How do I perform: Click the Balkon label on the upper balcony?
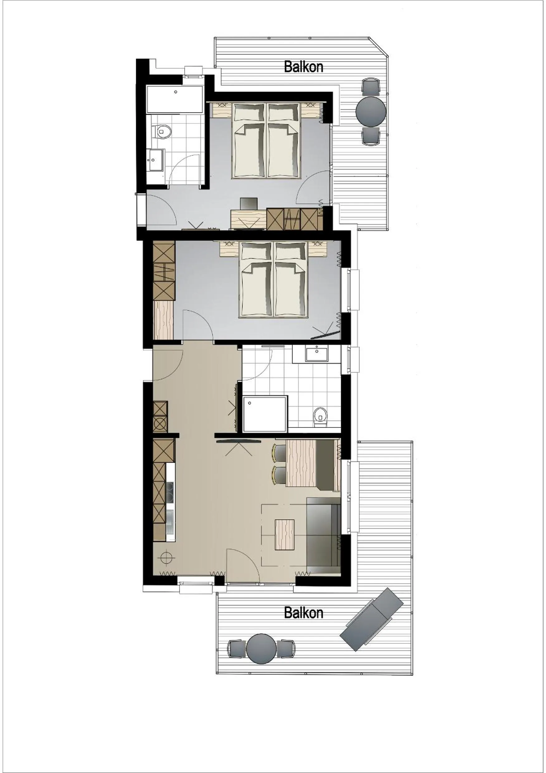pyautogui.click(x=303, y=66)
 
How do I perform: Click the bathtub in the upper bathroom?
pyautogui.click(x=175, y=100)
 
